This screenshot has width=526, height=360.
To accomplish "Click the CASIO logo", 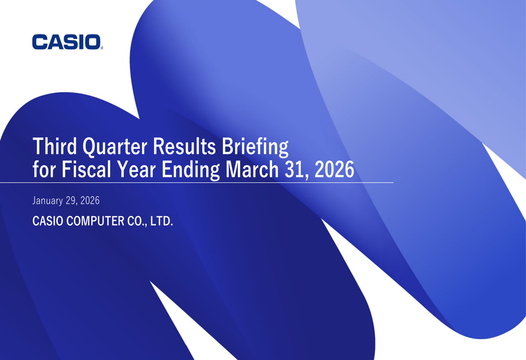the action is click(x=66, y=42).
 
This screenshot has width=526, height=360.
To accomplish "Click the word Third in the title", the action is click(x=55, y=147).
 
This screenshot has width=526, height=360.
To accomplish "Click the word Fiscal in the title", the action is click(x=86, y=169).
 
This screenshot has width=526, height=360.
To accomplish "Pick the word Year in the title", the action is click(x=136, y=169).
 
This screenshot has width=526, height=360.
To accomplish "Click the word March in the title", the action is click(x=252, y=169).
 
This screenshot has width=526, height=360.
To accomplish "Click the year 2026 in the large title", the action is click(x=335, y=170).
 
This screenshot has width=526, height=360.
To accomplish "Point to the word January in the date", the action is click(x=48, y=201).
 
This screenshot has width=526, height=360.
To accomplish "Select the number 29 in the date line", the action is click(x=70, y=200).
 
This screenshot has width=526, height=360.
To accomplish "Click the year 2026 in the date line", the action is click(x=90, y=200).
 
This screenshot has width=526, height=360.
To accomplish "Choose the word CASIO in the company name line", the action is click(x=48, y=221).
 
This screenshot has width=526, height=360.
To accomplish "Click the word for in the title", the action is click(x=44, y=169).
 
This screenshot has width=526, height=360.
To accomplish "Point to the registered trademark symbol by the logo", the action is click(x=102, y=48).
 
